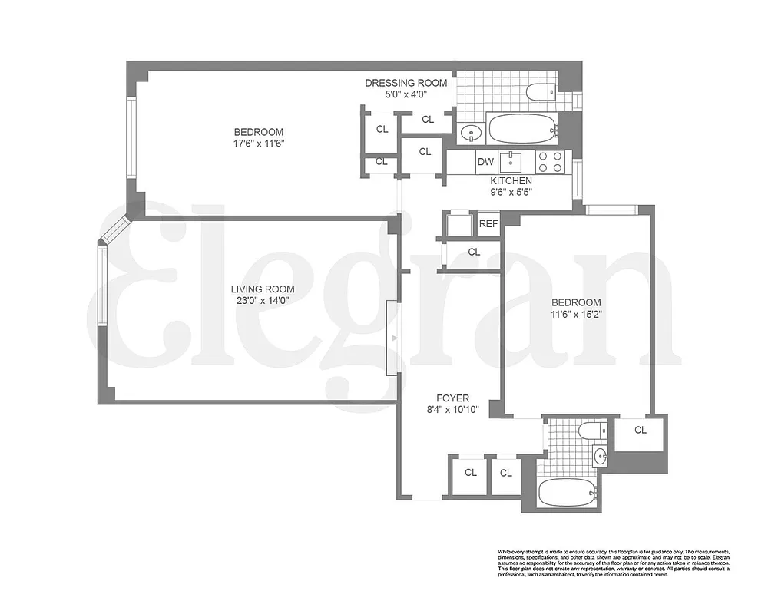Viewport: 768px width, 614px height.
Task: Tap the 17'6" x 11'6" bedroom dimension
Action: (x=259, y=144)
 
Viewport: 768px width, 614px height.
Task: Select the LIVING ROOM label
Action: (x=263, y=289)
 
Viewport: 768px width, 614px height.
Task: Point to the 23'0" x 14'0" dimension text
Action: (x=263, y=301)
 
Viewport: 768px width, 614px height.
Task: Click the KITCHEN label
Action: (x=511, y=181)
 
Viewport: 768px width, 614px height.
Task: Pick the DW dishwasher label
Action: (x=485, y=161)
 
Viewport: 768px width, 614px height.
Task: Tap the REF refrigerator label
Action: (x=488, y=224)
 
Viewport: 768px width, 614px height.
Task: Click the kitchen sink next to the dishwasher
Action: (x=511, y=161)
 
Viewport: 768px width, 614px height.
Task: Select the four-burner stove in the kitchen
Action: (x=550, y=161)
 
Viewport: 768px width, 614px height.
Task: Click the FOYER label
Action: (x=452, y=398)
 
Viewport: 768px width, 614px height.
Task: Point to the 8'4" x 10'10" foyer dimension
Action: (x=452, y=410)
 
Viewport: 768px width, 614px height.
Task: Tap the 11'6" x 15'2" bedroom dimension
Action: (x=575, y=314)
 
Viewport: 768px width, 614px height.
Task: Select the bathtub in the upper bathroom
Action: (x=521, y=128)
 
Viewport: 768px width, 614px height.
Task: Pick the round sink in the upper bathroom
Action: (x=469, y=134)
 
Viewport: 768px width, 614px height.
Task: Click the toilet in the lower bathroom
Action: (x=591, y=431)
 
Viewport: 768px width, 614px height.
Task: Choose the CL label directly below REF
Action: (x=474, y=252)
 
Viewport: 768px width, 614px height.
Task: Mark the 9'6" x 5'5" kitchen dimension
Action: (x=511, y=193)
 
